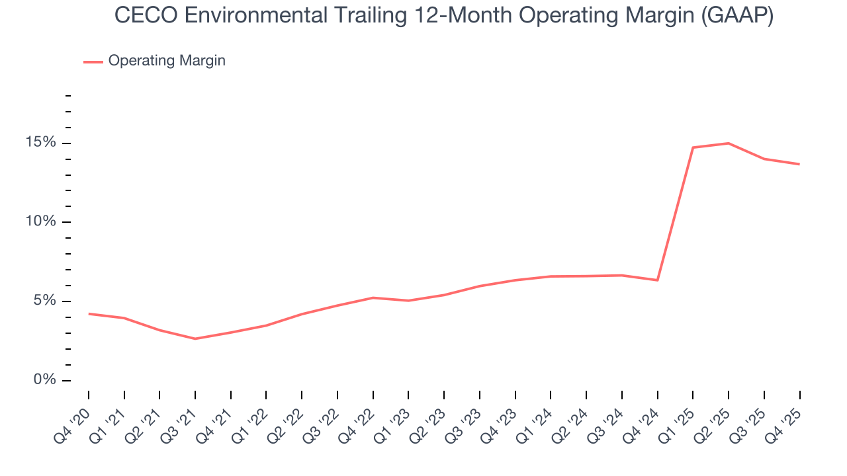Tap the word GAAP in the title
click(x=738, y=16)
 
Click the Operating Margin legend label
click(x=167, y=61)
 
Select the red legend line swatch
click(x=93, y=61)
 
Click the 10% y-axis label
click(x=40, y=222)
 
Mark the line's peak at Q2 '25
click(x=729, y=143)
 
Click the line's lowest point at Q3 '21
click(x=195, y=338)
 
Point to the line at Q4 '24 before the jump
click(x=657, y=280)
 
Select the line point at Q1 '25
click(x=693, y=147)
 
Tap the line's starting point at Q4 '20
click(x=89, y=313)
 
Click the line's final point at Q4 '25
click(x=799, y=164)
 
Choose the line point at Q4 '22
click(x=373, y=297)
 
